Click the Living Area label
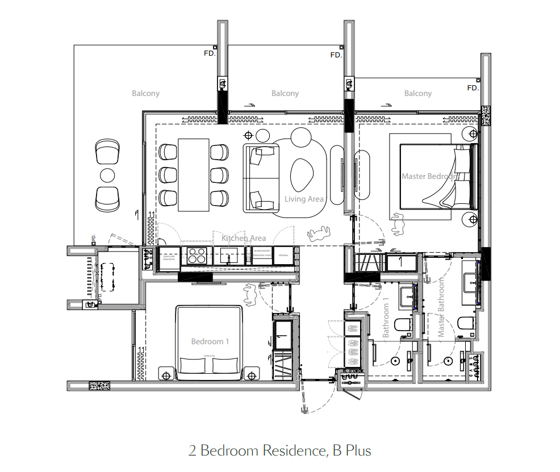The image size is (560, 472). pyautogui.click(x=304, y=199)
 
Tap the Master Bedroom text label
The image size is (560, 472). pyautogui.click(x=430, y=176)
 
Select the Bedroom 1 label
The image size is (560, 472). pyautogui.click(x=210, y=341)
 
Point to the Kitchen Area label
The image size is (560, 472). pyautogui.click(x=244, y=238)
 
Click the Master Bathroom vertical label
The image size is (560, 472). pyautogui.click(x=441, y=307)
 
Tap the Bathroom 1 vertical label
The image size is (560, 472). pyautogui.click(x=386, y=318)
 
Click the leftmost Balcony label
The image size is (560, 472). pyautogui.click(x=145, y=93)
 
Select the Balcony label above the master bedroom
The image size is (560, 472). pyautogui.click(x=417, y=93)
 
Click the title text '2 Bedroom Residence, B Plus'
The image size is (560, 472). pyautogui.click(x=279, y=451)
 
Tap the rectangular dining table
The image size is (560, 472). pyautogui.click(x=194, y=173)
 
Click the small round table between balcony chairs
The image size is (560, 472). pyautogui.click(x=107, y=175)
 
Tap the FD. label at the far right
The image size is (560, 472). pyautogui.click(x=473, y=88)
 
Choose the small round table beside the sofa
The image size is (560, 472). pyautogui.click(x=262, y=135)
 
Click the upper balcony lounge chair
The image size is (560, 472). pyautogui.click(x=107, y=152)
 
